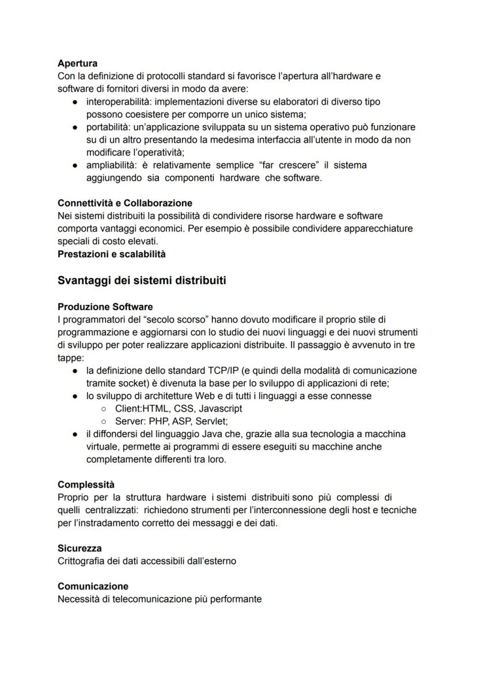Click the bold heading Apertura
tap(77, 63)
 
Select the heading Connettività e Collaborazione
tap(125, 203)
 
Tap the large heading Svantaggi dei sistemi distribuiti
tap(142, 281)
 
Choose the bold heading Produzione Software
tap(105, 306)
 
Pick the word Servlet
tap(211, 421)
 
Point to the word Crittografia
tap(82, 561)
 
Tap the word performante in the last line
tap(237, 599)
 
